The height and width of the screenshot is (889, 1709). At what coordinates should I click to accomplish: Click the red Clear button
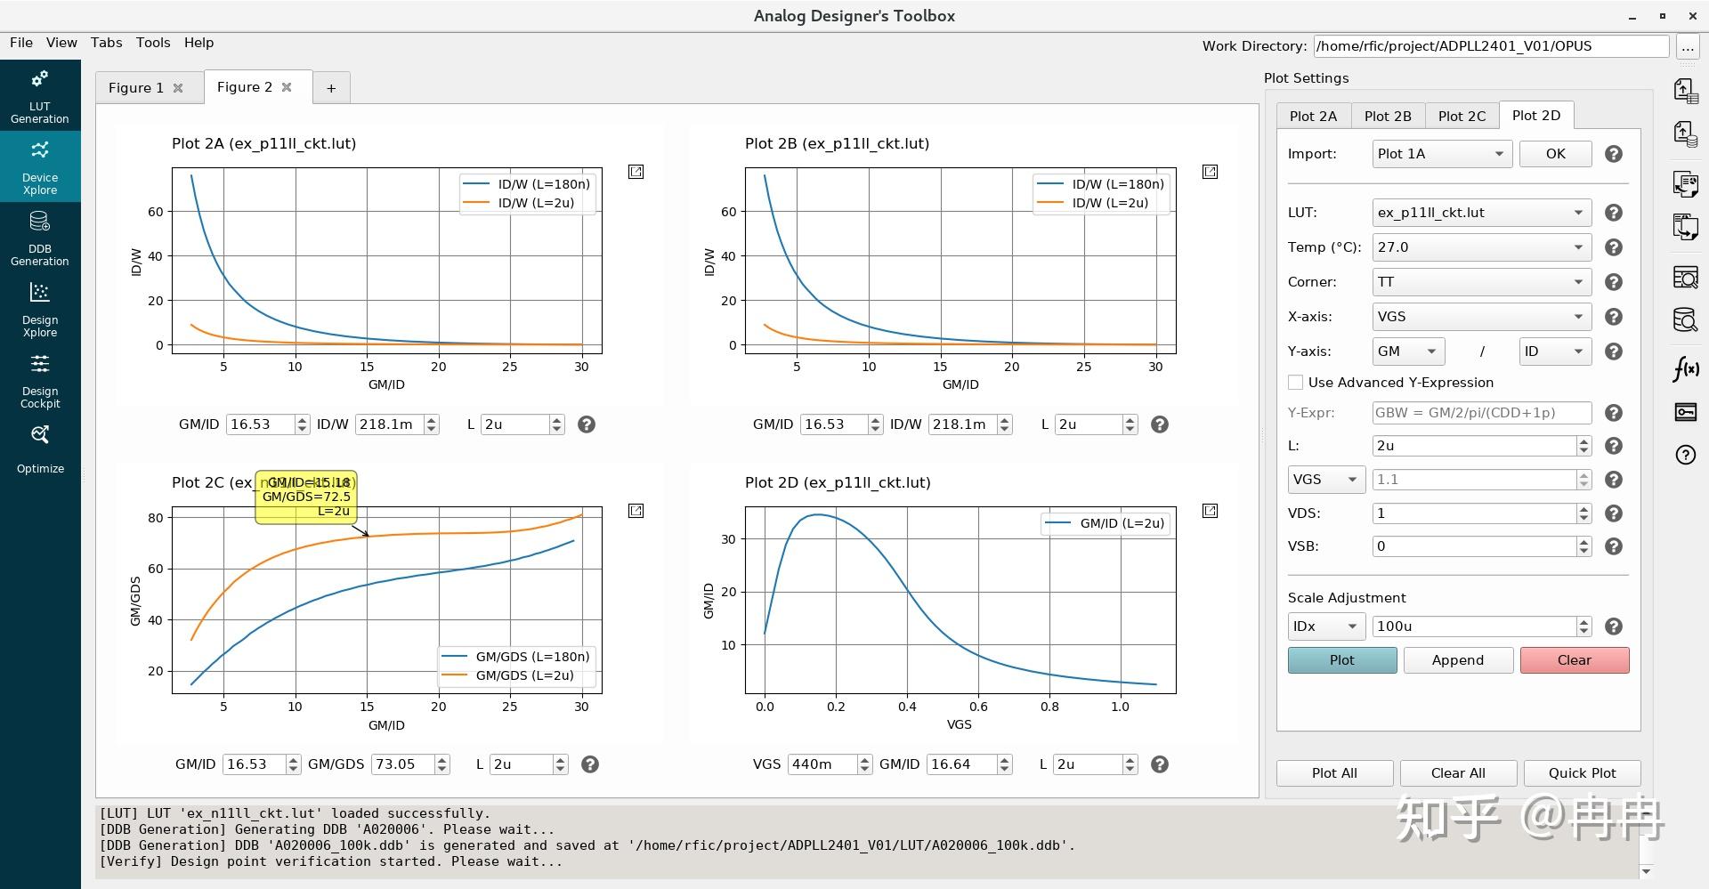1574,660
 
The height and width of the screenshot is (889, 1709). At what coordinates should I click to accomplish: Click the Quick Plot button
1582,773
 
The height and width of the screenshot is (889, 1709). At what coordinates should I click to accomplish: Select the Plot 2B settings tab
1388,116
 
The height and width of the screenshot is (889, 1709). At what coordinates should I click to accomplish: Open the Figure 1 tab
136,87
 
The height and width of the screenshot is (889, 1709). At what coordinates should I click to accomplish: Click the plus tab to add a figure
331,88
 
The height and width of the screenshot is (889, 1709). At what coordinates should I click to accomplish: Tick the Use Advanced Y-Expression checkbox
1295,383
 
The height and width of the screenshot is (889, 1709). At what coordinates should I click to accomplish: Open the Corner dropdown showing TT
1480,282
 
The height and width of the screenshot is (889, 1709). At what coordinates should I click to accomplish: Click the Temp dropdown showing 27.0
1480,247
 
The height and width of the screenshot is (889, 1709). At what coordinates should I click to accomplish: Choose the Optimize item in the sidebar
40,449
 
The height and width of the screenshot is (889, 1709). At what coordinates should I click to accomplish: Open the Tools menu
153,43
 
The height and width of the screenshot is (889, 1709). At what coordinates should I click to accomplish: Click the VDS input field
1473,513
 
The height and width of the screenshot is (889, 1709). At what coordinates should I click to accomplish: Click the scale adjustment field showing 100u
1473,626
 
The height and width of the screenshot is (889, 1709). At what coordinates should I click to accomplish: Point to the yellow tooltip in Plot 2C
306,497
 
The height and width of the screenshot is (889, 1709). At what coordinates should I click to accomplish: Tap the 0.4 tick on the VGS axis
907,707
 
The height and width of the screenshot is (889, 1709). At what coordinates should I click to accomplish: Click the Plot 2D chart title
837,482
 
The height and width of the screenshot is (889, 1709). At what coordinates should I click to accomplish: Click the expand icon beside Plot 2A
636,172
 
